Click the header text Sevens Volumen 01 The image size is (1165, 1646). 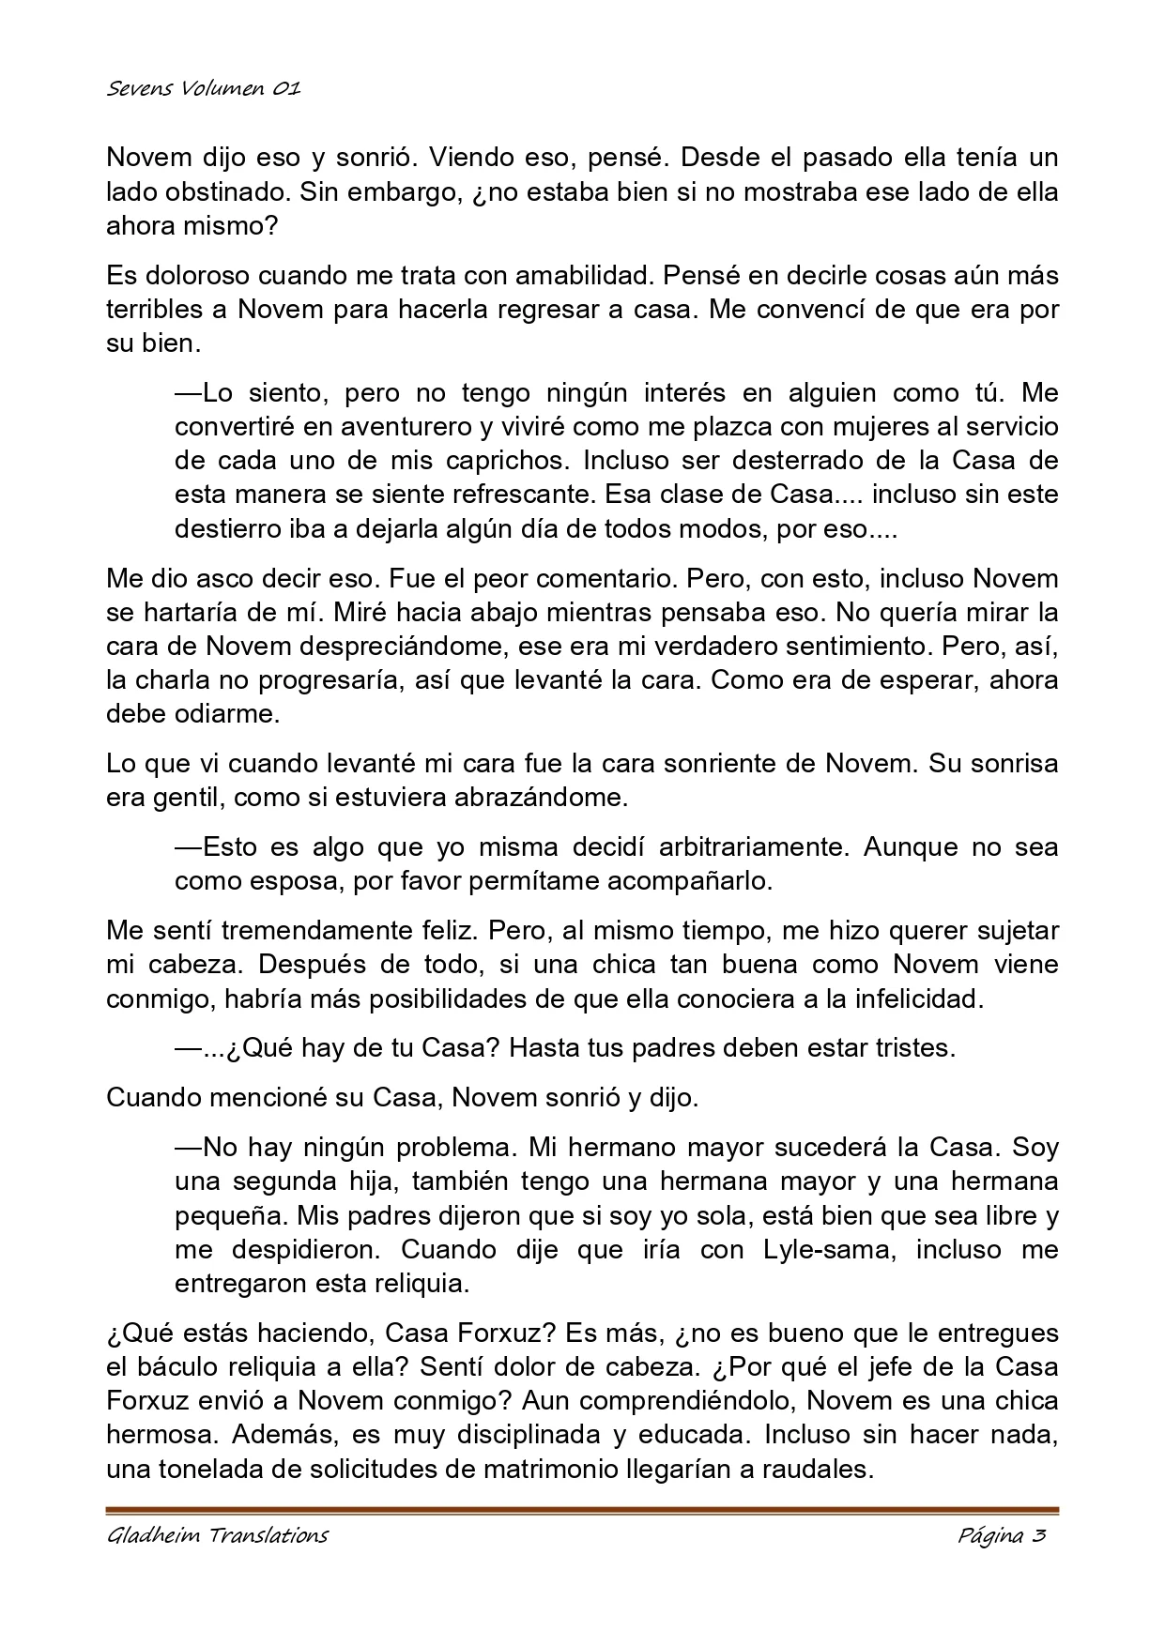pos(203,89)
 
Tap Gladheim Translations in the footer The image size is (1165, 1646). pos(217,1535)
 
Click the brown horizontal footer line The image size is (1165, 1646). pos(582,1510)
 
